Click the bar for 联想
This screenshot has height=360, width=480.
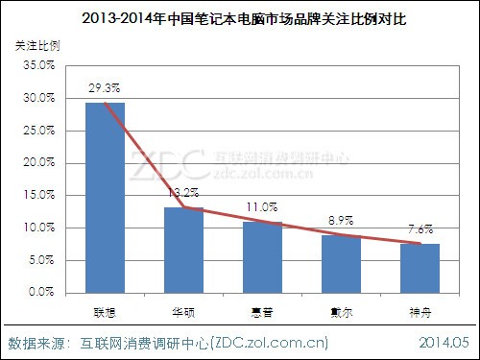tap(105, 197)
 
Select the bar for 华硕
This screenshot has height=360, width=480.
tap(183, 250)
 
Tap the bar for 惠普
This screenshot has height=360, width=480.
tap(262, 257)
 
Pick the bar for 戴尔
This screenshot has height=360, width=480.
tap(341, 264)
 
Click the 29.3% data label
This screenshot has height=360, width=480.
tap(106, 86)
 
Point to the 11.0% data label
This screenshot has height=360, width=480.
tap(262, 206)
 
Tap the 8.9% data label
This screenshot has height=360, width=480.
tap(341, 220)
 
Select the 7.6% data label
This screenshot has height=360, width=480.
tap(420, 228)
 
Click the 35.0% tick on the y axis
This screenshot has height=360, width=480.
tap(38, 65)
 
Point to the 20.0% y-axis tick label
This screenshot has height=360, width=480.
tap(38, 163)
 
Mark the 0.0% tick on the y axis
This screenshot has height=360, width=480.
tap(41, 293)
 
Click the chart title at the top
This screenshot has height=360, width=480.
tap(240, 17)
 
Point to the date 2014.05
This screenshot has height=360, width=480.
tap(444, 342)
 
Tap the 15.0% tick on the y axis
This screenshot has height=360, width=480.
tap(38, 195)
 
